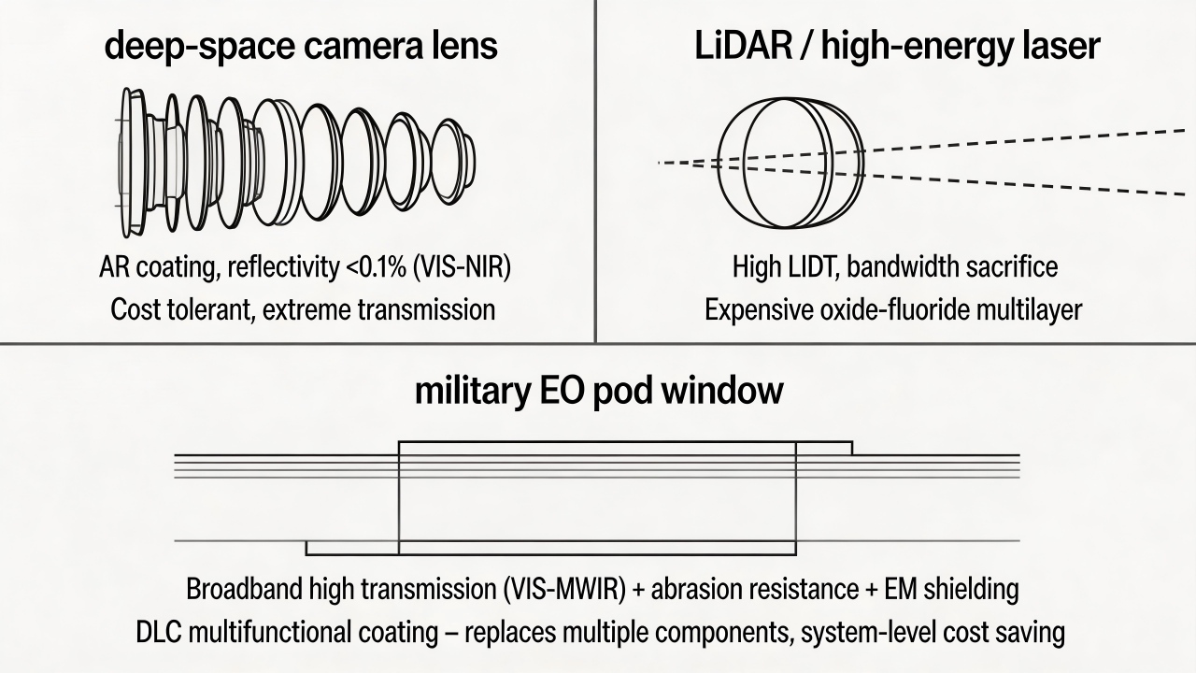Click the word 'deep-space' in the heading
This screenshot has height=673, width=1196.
199,47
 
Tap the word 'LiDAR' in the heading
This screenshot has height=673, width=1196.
743,46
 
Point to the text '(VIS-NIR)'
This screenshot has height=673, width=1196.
463,267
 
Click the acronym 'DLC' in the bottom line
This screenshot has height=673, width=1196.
159,633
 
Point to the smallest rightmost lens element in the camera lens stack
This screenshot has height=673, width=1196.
453,162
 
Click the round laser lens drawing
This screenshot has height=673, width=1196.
790,163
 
